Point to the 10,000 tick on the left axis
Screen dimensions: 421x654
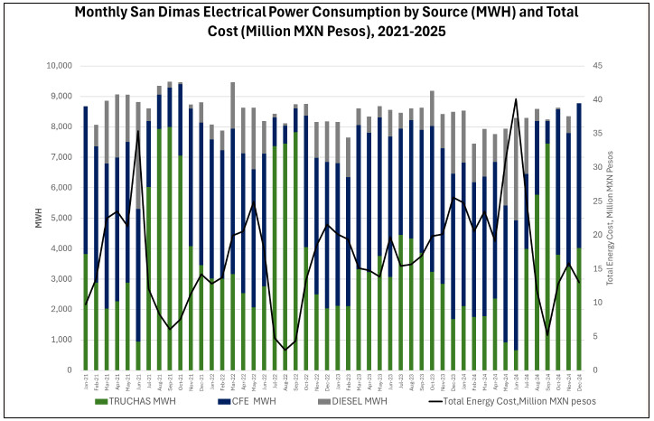[56, 66]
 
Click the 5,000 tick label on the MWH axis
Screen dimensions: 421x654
[60, 218]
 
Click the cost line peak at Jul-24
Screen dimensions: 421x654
[515, 99]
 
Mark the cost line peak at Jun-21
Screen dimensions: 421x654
[137, 131]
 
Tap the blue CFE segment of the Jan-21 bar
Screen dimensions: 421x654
[85, 181]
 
